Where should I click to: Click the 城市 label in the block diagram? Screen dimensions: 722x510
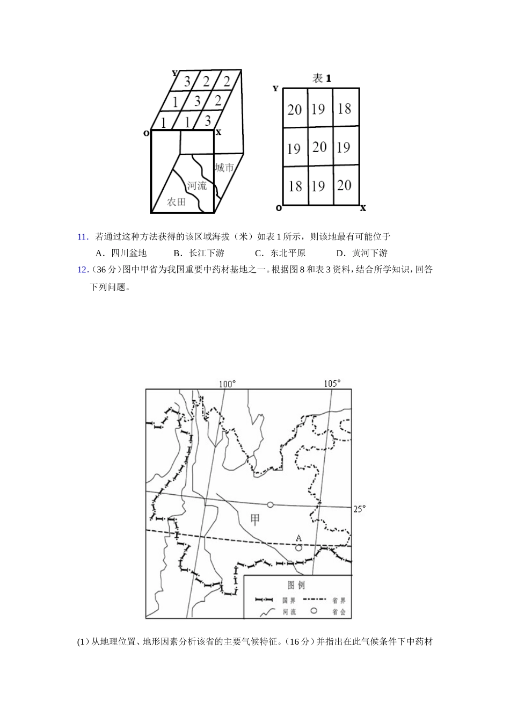(224, 168)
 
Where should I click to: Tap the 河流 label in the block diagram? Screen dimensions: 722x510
(196, 186)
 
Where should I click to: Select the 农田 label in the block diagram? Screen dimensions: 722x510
(177, 202)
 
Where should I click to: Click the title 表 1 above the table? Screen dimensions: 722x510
(322, 78)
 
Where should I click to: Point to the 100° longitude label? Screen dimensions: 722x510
(227, 384)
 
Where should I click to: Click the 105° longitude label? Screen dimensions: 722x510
(332, 384)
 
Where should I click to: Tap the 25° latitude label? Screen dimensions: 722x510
(359, 508)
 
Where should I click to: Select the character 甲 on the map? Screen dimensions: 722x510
(255, 519)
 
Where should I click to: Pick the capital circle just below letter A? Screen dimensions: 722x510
(298, 548)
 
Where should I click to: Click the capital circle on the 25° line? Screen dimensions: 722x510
(271, 504)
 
